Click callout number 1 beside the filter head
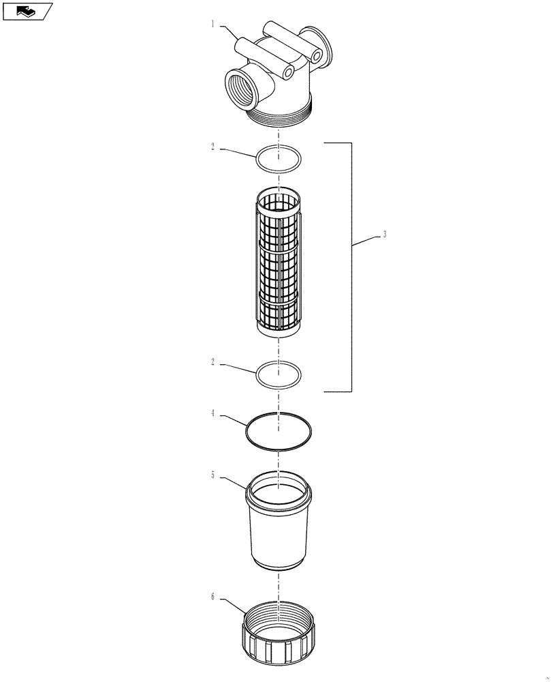tap(212, 24)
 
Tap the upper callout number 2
tap(212, 147)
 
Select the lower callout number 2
tap(212, 363)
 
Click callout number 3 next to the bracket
tap(385, 234)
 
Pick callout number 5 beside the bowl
tap(212, 475)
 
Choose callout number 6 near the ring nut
tap(212, 597)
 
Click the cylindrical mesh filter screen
tap(279, 266)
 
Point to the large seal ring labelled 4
tap(279, 432)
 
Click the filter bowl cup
tap(279, 525)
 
